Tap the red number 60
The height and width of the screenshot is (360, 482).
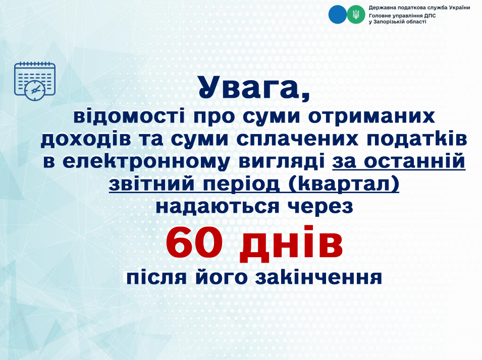click(194, 243)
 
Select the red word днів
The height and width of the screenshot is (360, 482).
click(291, 244)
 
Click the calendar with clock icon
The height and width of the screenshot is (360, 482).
click(35, 81)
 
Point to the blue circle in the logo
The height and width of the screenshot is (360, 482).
click(338, 15)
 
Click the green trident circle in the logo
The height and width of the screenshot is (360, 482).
click(356, 15)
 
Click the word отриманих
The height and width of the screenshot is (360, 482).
click(371, 116)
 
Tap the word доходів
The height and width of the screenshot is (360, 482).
click(86, 139)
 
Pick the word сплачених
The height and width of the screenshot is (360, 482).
click(297, 139)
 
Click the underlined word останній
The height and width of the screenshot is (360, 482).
click(415, 161)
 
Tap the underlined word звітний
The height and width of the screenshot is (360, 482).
click(151, 184)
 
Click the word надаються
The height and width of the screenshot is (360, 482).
click(218, 207)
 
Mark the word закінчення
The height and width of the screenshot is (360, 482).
click(319, 278)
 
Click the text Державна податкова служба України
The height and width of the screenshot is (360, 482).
click(419, 8)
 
